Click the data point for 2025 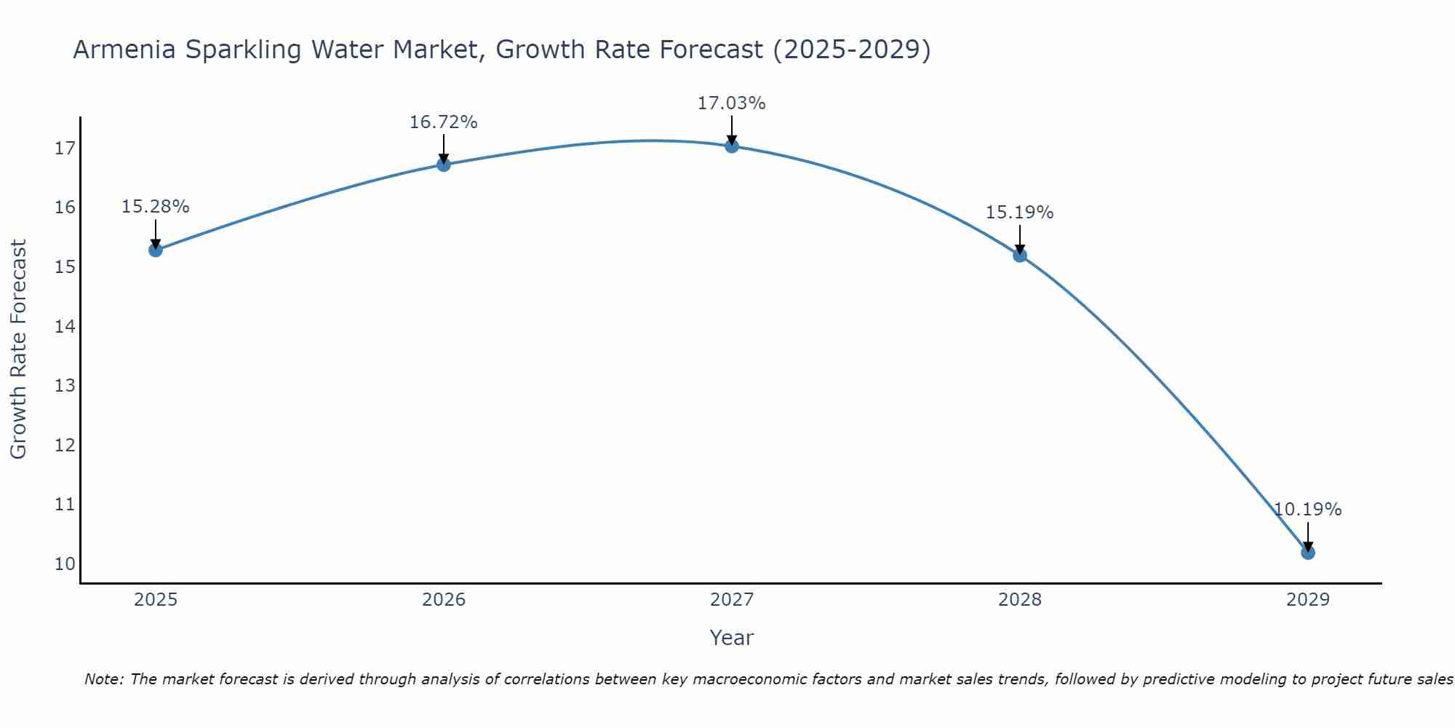155,250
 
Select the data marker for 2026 443,165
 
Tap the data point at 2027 731,146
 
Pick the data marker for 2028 1019,255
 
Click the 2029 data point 1307,553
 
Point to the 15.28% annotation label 155,207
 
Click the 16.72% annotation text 443,122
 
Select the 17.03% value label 731,103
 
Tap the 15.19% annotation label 1019,213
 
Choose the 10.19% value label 1307,510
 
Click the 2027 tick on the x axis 731,600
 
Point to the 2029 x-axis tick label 1307,600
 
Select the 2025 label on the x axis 156,600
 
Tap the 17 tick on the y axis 65,149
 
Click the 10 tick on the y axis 65,563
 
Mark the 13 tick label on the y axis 65,385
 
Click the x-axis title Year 731,638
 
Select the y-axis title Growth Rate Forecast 18,349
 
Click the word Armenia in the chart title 124,50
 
